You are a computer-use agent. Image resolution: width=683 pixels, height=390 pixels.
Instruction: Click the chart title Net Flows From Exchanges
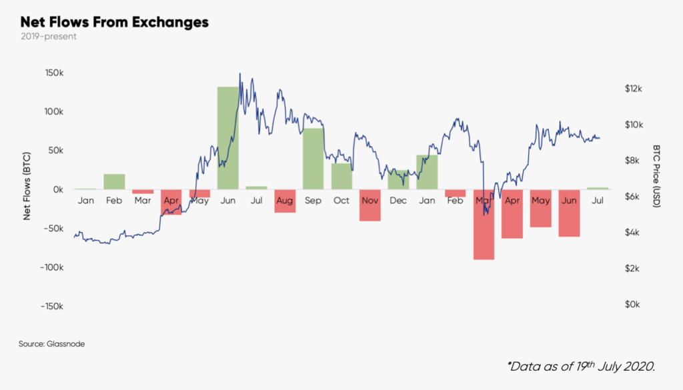point(115,22)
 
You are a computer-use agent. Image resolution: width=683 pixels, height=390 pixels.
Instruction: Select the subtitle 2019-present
point(49,37)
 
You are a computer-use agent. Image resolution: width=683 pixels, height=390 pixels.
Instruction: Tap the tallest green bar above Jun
point(227,138)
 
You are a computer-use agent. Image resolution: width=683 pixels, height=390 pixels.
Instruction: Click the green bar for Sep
point(313,159)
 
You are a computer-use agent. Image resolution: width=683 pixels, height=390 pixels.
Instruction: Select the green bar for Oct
point(341,176)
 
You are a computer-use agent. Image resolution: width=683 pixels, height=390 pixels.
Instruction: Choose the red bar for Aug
point(285,201)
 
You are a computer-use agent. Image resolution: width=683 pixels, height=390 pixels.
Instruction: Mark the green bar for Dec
point(398,179)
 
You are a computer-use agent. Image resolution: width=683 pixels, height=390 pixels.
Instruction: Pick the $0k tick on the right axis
point(632,305)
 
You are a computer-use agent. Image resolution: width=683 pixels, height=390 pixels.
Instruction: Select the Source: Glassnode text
point(52,344)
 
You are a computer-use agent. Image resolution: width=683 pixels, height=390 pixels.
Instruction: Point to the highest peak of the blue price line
point(240,74)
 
